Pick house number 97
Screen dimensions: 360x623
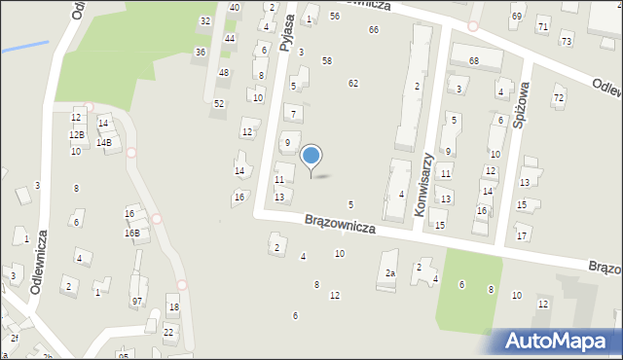coord(137,302)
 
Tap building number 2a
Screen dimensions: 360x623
coord(390,273)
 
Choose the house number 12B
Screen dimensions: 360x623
coord(77,134)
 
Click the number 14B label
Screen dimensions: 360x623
coord(103,143)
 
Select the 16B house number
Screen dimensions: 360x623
coord(131,234)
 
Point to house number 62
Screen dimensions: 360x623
coord(353,84)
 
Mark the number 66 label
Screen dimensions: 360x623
coord(374,30)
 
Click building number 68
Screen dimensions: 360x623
coord(473,61)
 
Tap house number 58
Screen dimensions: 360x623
coord(327,61)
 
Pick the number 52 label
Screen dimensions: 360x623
coord(219,103)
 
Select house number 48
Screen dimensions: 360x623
coord(224,73)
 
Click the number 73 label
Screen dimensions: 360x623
coord(566,40)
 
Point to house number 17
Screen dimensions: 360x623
coord(523,236)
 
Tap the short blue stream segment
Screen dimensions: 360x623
coord(24,46)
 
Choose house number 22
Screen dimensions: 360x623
coord(168,332)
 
